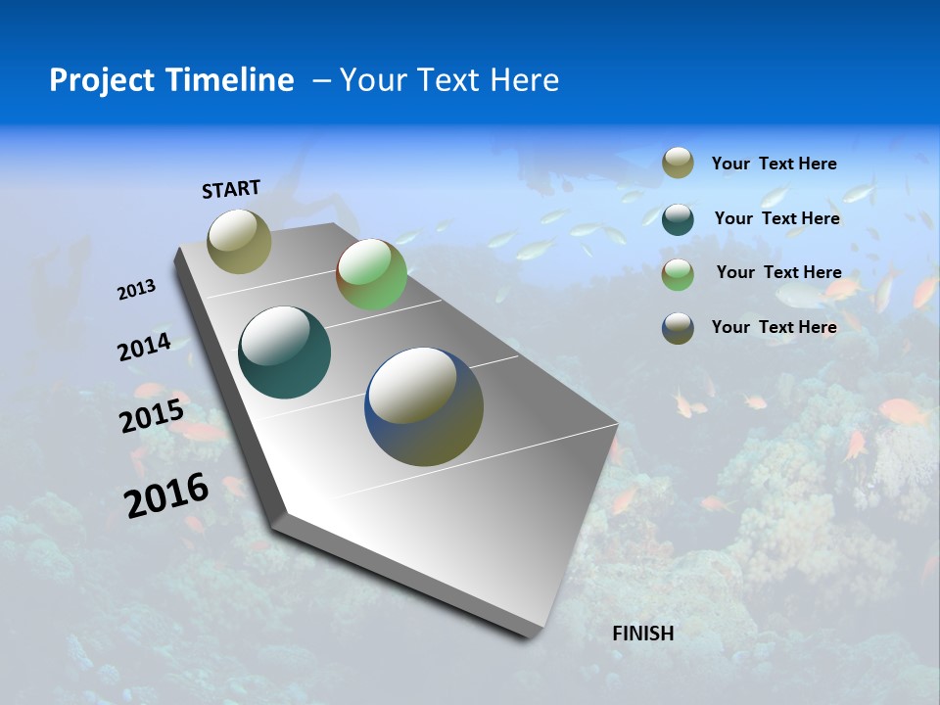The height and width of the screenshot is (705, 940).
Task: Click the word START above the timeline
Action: pyautogui.click(x=231, y=189)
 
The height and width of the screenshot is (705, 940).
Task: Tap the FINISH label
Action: pyautogui.click(x=643, y=634)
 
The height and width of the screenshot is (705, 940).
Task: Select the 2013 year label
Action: pyautogui.click(x=137, y=290)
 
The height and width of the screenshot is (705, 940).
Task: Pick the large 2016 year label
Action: pyautogui.click(x=167, y=495)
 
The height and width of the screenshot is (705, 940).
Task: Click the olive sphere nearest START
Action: pyautogui.click(x=240, y=241)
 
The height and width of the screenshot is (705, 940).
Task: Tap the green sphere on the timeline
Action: pyautogui.click(x=371, y=274)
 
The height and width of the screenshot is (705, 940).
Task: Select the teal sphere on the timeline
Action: pyautogui.click(x=285, y=352)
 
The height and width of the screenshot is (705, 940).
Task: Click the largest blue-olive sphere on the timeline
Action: pyautogui.click(x=424, y=406)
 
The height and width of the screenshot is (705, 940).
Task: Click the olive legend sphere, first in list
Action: pyautogui.click(x=678, y=164)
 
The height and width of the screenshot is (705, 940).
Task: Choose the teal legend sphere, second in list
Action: pyautogui.click(x=678, y=218)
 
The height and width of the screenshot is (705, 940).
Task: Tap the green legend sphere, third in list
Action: pyautogui.click(x=678, y=273)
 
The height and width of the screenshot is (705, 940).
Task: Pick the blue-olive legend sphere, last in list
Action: pyautogui.click(x=678, y=327)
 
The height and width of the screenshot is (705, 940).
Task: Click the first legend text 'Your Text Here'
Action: pyautogui.click(x=774, y=164)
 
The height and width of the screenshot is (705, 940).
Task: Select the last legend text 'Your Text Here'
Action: pyautogui.click(x=774, y=327)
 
